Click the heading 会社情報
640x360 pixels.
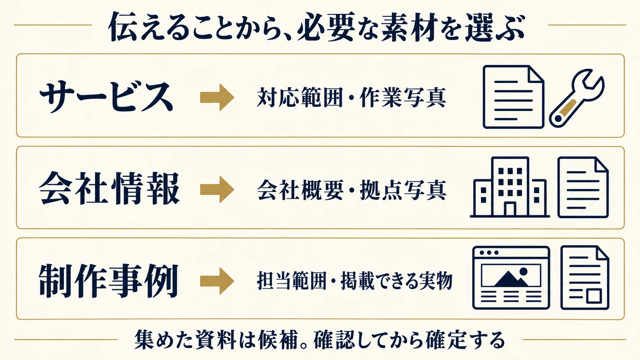tap(109, 189)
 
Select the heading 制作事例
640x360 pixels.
tap(109, 281)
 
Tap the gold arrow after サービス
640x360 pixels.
tap(217, 97)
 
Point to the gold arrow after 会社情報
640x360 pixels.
tap(217, 189)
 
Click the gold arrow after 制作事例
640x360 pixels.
tap(217, 281)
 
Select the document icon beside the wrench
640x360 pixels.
tap(513, 97)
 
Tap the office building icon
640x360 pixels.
tap(510, 187)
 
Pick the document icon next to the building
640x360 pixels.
tap(583, 187)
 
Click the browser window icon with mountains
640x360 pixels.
tap(511, 277)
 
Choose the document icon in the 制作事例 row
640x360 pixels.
tap(585, 277)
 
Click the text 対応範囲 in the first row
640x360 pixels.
tap(300, 97)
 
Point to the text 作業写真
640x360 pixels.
tap(403, 97)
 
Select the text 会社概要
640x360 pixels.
tap(300, 190)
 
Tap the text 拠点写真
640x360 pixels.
tap(403, 190)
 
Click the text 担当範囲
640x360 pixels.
tap(291, 281)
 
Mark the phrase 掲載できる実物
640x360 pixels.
tap(397, 281)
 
